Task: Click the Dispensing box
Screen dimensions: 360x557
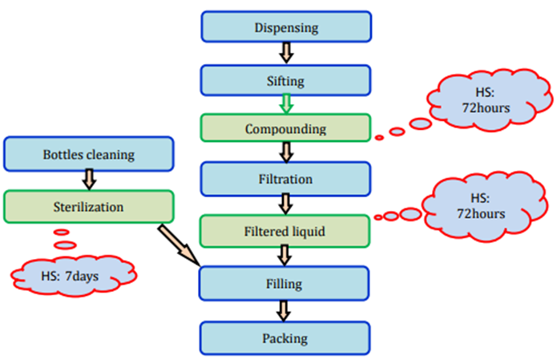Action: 285,29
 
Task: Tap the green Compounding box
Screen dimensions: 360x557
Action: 285,128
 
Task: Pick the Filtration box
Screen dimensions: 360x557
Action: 285,179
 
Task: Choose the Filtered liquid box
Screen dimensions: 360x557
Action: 285,231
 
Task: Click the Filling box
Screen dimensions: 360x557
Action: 285,283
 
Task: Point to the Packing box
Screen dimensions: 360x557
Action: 285,338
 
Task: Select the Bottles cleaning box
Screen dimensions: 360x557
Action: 88,152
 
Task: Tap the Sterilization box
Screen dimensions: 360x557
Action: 88,207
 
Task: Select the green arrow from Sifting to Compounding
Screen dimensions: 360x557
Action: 285,103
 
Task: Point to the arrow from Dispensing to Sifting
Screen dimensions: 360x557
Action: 285,54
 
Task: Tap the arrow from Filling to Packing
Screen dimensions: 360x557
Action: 285,310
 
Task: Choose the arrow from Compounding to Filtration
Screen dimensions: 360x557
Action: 285,153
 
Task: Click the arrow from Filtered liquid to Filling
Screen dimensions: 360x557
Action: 285,257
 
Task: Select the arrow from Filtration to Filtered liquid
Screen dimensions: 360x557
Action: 285,204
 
